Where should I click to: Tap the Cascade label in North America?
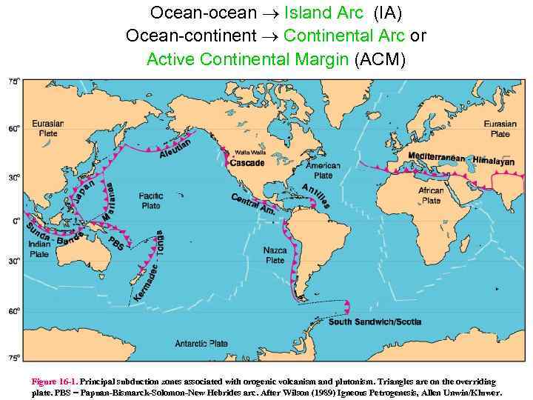coord(247,163)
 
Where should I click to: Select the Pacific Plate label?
coord(150,201)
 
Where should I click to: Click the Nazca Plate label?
coord(275,256)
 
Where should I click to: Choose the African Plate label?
coord(431,196)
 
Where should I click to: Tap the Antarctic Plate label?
coord(201,344)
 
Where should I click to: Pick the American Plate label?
coord(323,171)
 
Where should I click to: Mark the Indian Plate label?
coord(39,249)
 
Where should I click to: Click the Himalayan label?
coord(493,160)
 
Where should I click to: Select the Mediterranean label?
coord(436,158)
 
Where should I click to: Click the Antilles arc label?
coord(316,195)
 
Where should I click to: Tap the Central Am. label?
coord(254,204)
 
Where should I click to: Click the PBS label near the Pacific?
coord(116,243)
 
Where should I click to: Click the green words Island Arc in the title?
coord(324,13)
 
